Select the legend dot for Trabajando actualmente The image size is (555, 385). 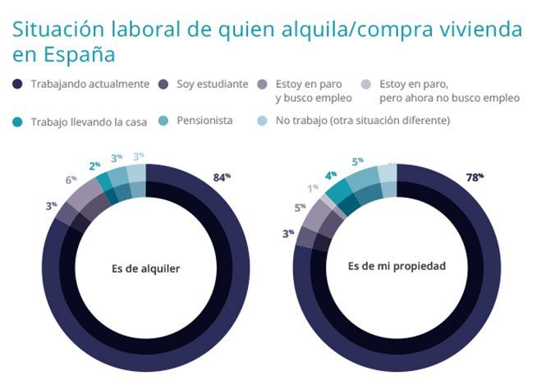click(18, 84)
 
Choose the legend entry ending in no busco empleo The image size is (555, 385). click(449, 90)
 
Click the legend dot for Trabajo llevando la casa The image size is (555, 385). click(18, 121)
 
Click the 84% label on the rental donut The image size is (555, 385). click(222, 176)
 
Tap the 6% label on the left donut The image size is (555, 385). click(71, 179)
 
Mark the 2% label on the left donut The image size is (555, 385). click(94, 165)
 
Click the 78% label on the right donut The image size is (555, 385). click(475, 176)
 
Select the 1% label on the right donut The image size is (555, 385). click(313, 187)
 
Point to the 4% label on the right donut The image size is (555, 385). click(330, 174)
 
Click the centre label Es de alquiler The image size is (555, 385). click(145, 268)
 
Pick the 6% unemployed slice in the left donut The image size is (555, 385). click(84, 198)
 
